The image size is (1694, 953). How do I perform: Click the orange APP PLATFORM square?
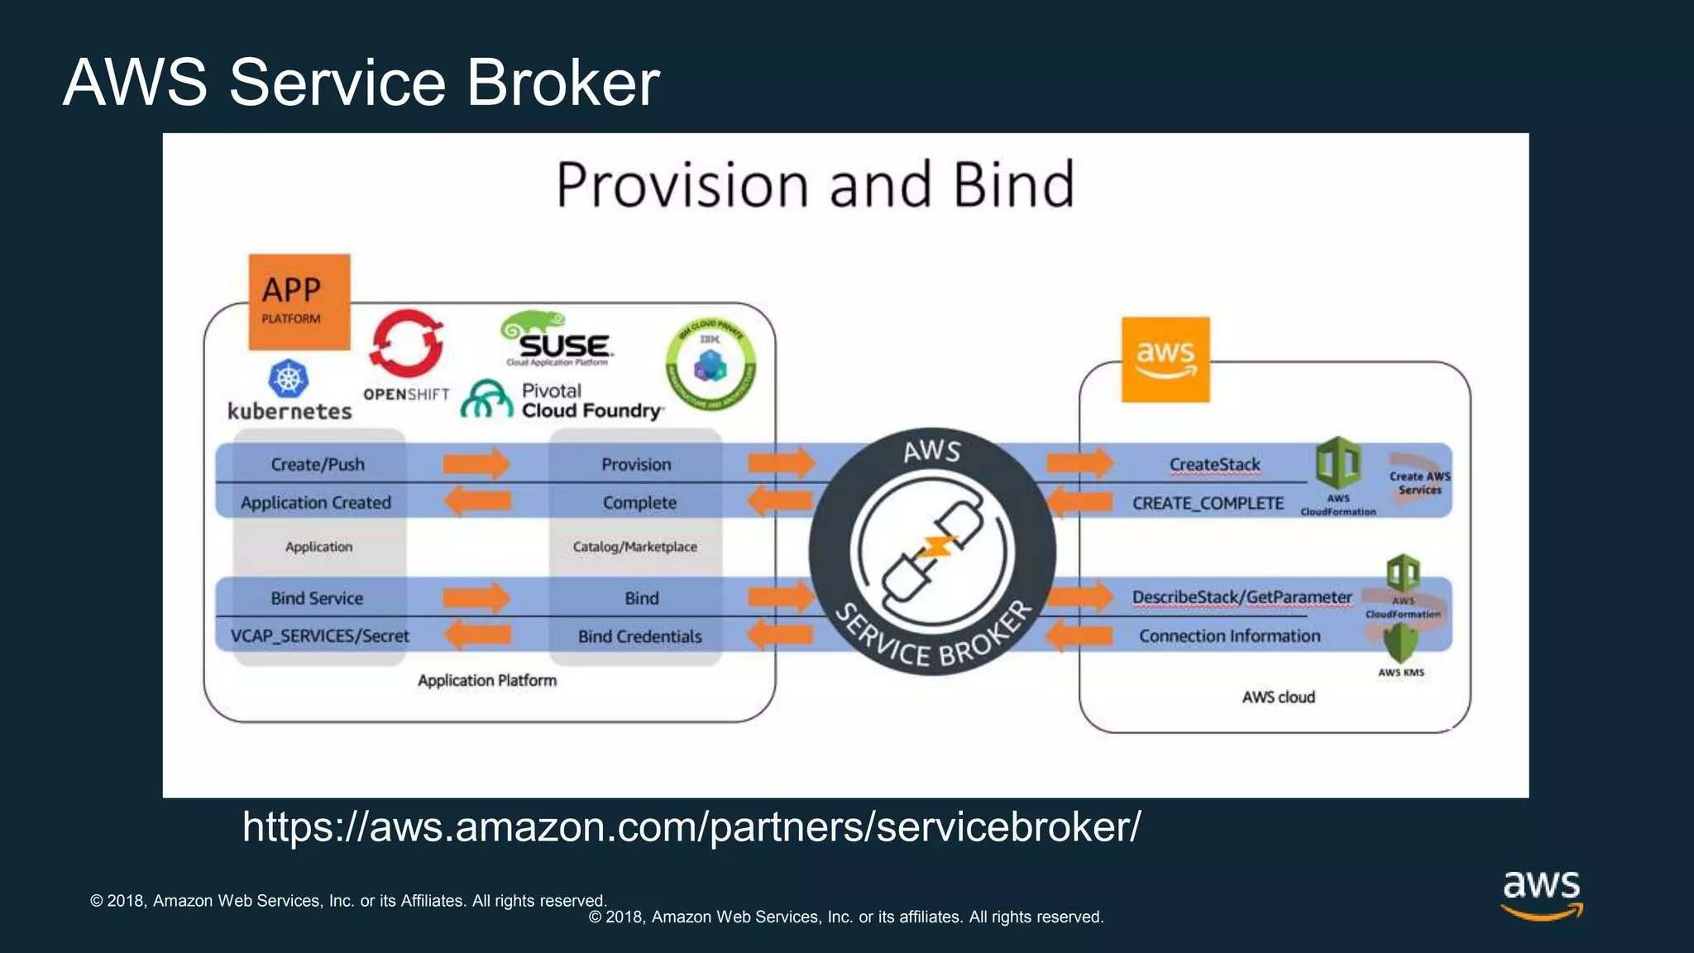pos(299,302)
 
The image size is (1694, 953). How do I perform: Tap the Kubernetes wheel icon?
pos(288,380)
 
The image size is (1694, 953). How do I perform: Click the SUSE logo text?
pos(564,345)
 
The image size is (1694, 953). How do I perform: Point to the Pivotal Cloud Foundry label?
pos(591,401)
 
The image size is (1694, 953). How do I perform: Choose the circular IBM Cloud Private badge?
pos(711,365)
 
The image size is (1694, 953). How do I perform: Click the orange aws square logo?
pos(1165,360)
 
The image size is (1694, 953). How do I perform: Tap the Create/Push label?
pos(318,464)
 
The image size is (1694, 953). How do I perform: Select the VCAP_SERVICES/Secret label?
pos(319,636)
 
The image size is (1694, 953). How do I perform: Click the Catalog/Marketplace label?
pos(634,547)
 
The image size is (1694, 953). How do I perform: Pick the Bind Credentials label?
pos(639,636)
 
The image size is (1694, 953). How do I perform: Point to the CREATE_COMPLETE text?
pos(1208,503)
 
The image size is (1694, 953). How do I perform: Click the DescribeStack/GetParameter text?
pos(1242,597)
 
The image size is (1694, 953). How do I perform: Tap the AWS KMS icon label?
pos(1400,673)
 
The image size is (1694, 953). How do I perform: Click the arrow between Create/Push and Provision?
pos(476,463)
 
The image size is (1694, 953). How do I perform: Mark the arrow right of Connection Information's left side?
pos(1079,636)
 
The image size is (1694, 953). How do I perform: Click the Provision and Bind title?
pos(815,184)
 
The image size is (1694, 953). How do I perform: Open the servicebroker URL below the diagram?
pos(691,826)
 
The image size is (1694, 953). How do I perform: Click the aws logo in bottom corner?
pos(1541,894)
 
